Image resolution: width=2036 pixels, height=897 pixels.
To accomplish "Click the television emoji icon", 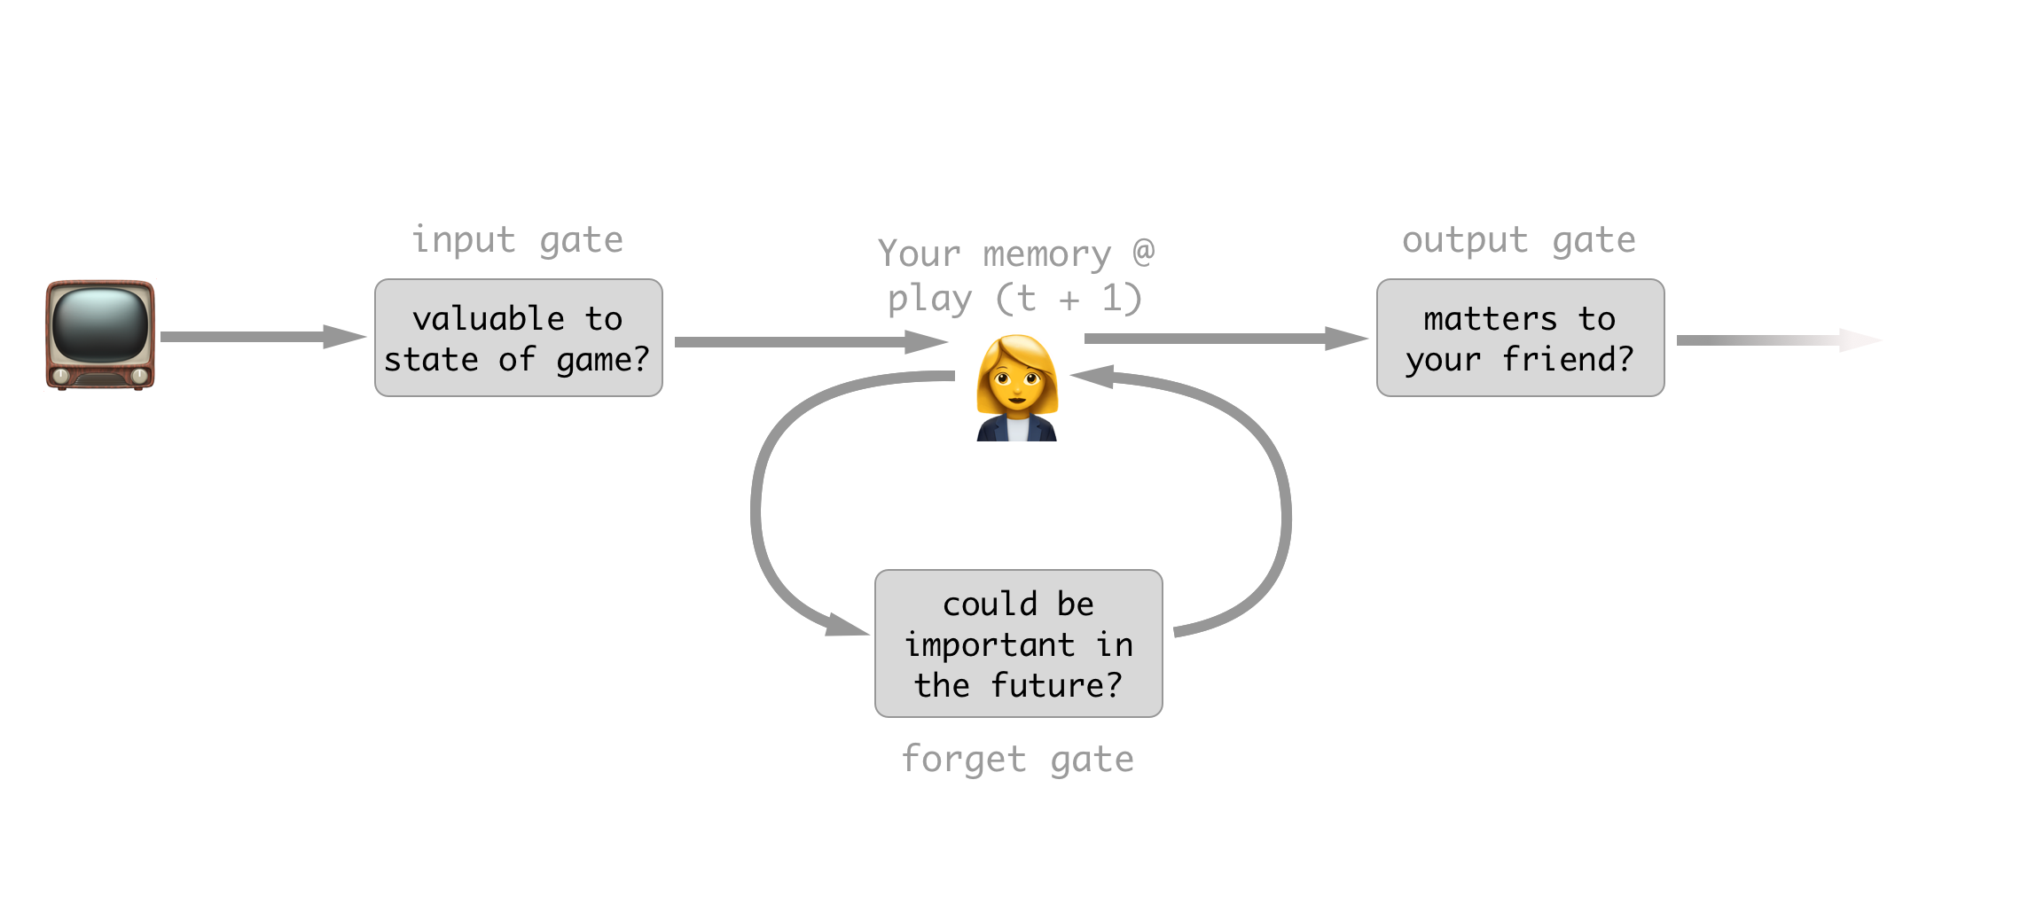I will pyautogui.click(x=100, y=335).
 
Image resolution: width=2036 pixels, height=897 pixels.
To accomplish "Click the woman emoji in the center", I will pyautogui.click(x=1017, y=388).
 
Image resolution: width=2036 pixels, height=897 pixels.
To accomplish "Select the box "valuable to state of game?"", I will pyautogui.click(x=518, y=338).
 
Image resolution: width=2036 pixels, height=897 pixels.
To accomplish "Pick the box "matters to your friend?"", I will pyautogui.click(x=1520, y=338).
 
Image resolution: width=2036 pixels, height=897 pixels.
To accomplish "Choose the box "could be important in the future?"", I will pyautogui.click(x=1018, y=643).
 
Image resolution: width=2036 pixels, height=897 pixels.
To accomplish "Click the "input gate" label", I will pyautogui.click(x=518, y=239).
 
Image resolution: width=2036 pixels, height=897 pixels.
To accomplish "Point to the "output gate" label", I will pyautogui.click(x=1518, y=239).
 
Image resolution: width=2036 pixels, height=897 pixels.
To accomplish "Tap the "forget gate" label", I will pyautogui.click(x=1017, y=759).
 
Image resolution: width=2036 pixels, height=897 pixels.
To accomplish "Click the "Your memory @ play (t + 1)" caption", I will pyautogui.click(x=1015, y=276).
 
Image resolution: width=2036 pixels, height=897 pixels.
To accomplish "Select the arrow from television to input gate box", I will pyautogui.click(x=262, y=337).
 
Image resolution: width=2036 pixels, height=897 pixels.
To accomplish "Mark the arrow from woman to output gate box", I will pyautogui.click(x=1224, y=339).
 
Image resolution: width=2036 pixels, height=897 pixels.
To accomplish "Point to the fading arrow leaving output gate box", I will pyautogui.click(x=1774, y=340).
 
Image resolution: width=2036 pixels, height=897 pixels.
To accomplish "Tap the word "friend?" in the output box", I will pyautogui.click(x=1568, y=359).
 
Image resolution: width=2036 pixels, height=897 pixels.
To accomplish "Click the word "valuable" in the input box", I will pyautogui.click(x=489, y=318).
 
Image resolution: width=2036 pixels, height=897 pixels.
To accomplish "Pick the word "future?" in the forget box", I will pyautogui.click(x=1056, y=685).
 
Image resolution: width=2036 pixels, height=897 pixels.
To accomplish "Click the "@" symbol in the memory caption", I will pyautogui.click(x=1144, y=253).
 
